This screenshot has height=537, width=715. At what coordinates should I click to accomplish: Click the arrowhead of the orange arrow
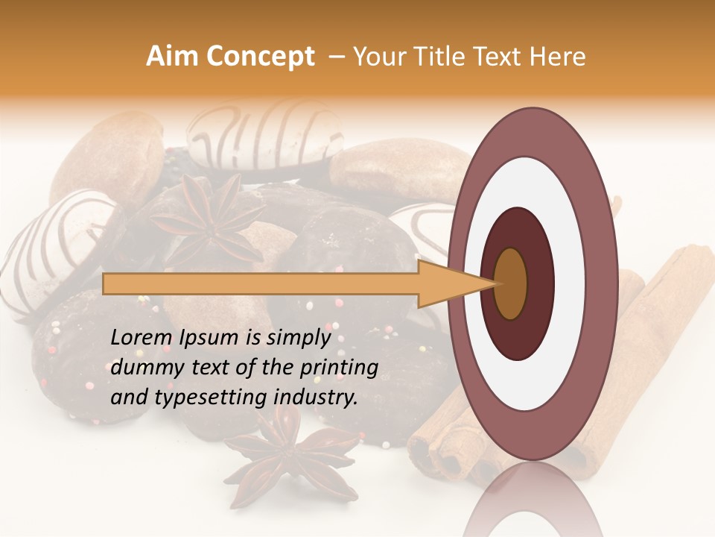[x=454, y=284]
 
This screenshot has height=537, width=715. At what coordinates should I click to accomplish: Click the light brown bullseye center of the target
[x=511, y=284]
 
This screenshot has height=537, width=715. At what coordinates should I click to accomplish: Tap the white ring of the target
[x=533, y=186]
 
